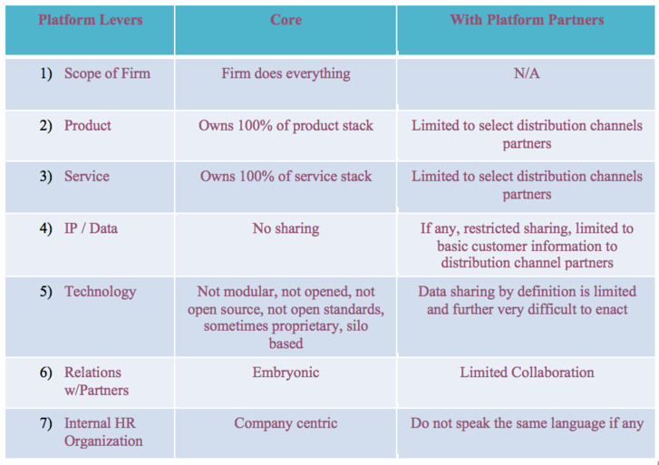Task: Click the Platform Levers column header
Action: click(90, 19)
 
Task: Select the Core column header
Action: click(286, 19)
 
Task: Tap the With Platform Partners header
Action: click(527, 19)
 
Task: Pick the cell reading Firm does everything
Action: click(286, 73)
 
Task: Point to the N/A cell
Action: click(527, 73)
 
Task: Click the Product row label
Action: click(88, 125)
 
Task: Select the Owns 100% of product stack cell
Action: click(286, 125)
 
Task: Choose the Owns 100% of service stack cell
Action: click(286, 176)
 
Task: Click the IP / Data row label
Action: click(91, 228)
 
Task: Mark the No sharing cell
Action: click(286, 228)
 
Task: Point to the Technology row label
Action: click(100, 291)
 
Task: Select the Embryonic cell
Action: click(286, 372)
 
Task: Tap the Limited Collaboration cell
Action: click(527, 372)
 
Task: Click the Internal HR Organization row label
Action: click(102, 431)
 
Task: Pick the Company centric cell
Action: click(286, 422)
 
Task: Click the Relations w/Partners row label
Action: click(95, 381)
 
